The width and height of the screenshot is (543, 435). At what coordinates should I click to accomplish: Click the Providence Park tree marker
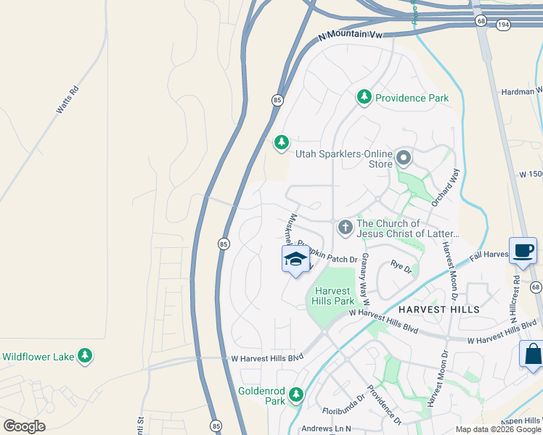click(x=364, y=96)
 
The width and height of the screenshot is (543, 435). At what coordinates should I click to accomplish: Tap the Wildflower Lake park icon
click(x=86, y=356)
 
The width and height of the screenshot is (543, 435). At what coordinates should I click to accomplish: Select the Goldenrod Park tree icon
click(x=295, y=395)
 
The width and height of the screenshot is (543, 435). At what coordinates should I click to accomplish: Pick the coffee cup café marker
click(x=523, y=251)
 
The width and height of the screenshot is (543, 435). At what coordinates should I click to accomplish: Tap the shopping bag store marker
click(x=532, y=355)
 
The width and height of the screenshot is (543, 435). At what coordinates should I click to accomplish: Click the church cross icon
click(x=345, y=228)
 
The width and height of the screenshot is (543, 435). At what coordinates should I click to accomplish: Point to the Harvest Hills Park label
click(x=334, y=296)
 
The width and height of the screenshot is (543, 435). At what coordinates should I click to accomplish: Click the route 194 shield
click(x=503, y=24)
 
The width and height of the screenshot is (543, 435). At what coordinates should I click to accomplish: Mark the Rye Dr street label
click(x=401, y=268)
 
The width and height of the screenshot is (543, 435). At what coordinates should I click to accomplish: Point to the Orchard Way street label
click(x=446, y=188)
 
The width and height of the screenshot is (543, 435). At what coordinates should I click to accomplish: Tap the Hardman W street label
click(x=521, y=91)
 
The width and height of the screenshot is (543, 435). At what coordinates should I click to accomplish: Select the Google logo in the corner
click(x=23, y=426)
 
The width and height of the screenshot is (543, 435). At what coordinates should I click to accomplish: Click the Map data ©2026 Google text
click(x=499, y=429)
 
